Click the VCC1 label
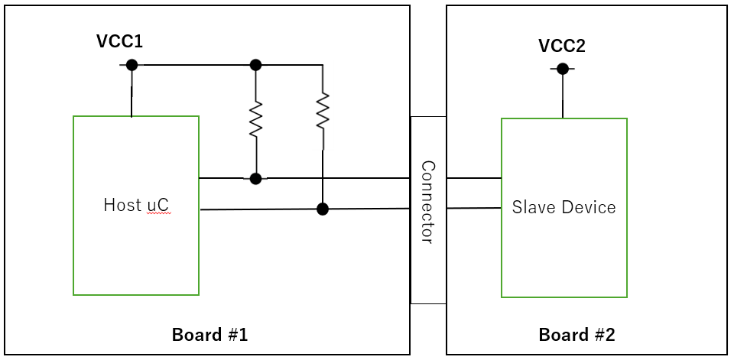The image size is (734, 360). (119, 41)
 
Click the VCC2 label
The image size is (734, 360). (562, 46)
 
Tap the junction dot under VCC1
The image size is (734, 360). (132, 65)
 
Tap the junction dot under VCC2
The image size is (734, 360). (563, 69)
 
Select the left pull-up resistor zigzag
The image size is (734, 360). (255, 119)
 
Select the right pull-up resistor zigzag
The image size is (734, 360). (323, 111)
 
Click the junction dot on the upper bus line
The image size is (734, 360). (255, 178)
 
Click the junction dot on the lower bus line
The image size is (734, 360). (323, 209)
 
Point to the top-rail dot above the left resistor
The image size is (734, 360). (255, 65)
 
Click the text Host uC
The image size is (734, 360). (137, 205)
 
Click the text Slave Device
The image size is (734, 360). (563, 207)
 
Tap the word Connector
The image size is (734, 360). (427, 203)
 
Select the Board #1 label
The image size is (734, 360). (209, 335)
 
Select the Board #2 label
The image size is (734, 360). (576, 335)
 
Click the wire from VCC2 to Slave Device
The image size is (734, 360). (563, 93)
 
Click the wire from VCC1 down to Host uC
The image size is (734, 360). (132, 90)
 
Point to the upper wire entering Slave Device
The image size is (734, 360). (474, 178)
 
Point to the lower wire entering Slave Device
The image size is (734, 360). (474, 208)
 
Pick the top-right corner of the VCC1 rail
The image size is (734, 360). (323, 65)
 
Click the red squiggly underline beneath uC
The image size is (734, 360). (159, 213)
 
